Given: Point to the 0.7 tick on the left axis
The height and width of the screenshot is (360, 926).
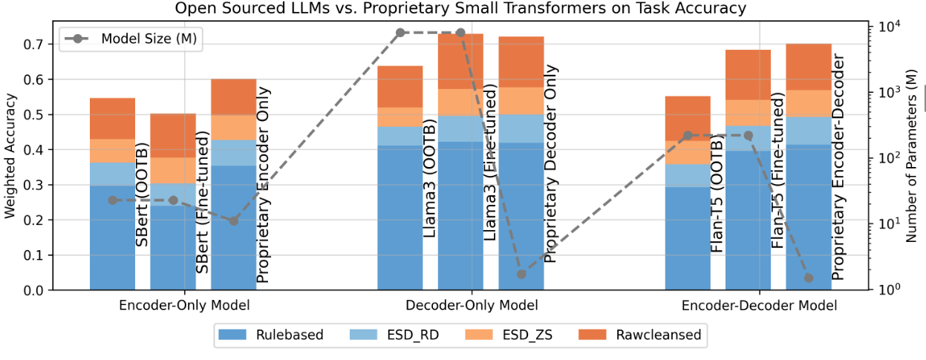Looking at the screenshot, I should (x=49, y=45).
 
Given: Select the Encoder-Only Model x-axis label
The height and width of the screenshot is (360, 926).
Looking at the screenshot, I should (x=184, y=305).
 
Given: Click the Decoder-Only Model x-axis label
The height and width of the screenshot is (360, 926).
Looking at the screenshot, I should (x=472, y=305).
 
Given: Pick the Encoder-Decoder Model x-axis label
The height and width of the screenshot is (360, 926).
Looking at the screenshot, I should (x=759, y=305).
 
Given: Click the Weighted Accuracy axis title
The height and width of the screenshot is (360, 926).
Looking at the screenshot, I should (x=10, y=157).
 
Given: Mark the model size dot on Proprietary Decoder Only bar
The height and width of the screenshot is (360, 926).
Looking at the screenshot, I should (x=521, y=274).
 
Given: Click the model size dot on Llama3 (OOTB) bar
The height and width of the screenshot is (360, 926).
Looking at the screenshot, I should (x=400, y=33).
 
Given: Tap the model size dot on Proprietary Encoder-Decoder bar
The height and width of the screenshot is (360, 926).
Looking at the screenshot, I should (x=809, y=278).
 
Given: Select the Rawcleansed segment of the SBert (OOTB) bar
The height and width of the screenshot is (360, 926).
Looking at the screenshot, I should (x=113, y=119).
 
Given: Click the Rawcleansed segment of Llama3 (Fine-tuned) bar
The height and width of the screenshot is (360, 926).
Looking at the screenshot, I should (x=460, y=62).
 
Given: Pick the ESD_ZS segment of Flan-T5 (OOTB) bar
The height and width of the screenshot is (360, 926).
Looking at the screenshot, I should (x=688, y=152).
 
